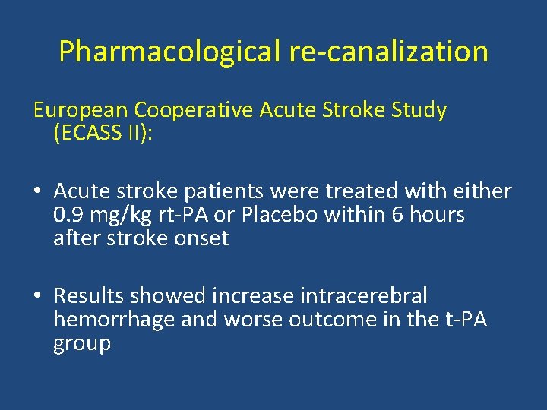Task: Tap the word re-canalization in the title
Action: [388, 52]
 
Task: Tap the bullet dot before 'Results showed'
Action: [39, 296]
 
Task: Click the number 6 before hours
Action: [397, 216]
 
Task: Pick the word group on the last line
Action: [82, 344]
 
